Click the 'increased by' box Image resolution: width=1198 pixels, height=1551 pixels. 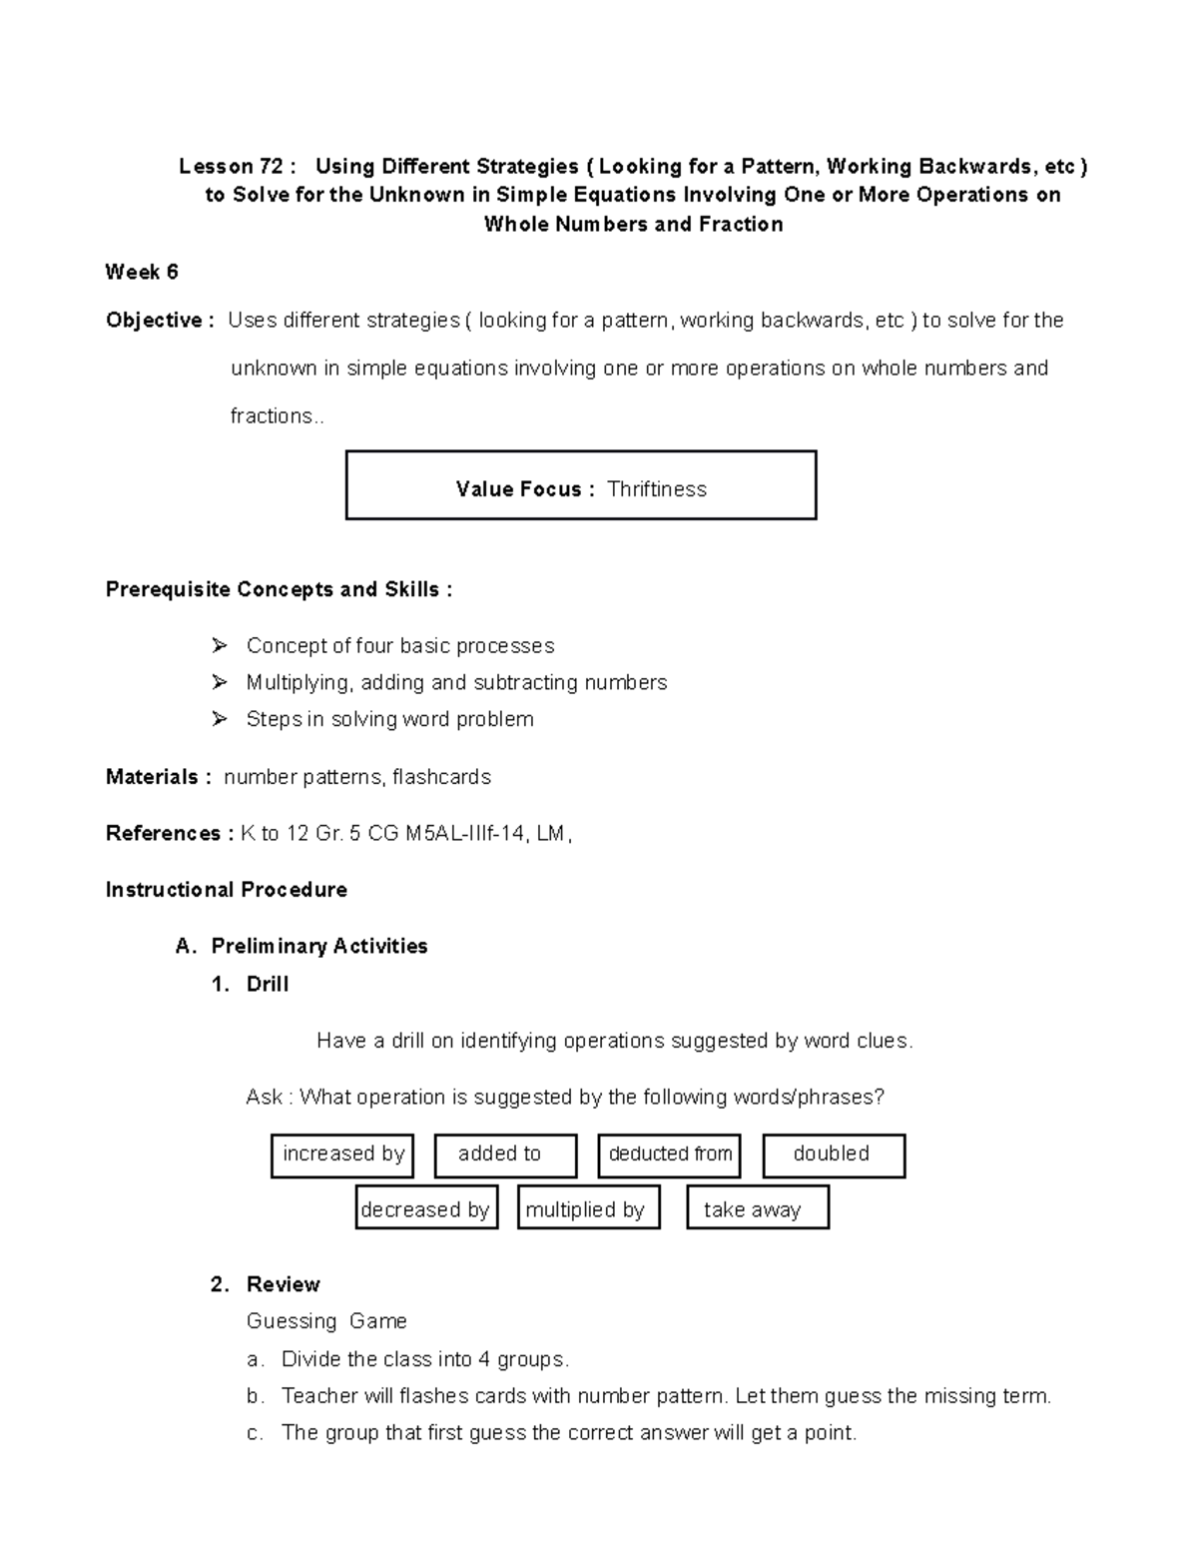(342, 1155)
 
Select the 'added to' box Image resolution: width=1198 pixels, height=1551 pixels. (505, 1155)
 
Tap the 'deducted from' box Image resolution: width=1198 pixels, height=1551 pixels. (670, 1155)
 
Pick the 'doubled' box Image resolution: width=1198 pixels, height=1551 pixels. (834, 1155)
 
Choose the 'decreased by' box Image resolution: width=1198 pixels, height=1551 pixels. (426, 1208)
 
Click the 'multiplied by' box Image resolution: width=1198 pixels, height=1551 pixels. (589, 1208)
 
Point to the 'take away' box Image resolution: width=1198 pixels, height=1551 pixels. (758, 1208)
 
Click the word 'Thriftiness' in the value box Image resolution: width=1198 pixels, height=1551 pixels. (657, 489)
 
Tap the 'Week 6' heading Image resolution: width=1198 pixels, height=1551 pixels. (142, 272)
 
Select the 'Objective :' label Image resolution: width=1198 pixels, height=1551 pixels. (160, 321)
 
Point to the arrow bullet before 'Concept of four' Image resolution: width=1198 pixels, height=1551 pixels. (220, 646)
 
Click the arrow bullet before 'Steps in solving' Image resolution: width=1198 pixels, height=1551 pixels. (220, 719)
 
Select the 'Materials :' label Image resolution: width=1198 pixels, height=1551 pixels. (158, 777)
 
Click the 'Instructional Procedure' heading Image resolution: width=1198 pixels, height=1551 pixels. (227, 890)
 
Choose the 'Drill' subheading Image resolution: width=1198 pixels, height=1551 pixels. (268, 985)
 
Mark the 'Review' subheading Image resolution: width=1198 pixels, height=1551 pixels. (284, 1284)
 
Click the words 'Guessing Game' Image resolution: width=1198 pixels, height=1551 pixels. (326, 1321)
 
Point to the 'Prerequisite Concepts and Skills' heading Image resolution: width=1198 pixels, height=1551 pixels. (279, 590)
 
